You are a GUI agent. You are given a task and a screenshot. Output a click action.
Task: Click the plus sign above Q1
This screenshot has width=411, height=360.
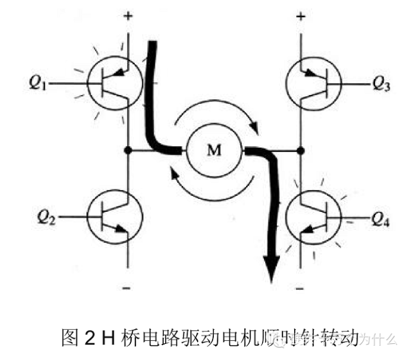pos(128,16)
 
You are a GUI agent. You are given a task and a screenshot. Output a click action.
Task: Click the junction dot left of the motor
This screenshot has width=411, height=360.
pos(128,151)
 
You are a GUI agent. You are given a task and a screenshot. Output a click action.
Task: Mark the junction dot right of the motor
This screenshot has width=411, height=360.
pos(300,151)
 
